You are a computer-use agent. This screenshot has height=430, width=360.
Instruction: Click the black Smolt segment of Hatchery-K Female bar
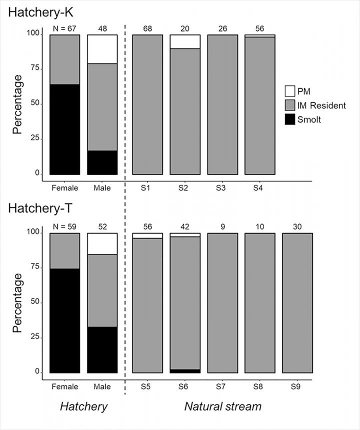[64, 129]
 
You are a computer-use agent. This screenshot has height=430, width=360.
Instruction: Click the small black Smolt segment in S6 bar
[185, 371]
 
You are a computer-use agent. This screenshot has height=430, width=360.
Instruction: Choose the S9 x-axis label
[297, 386]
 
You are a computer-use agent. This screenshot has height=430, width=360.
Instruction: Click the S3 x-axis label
[222, 188]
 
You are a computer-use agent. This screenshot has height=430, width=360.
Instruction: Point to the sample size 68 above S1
[147, 28]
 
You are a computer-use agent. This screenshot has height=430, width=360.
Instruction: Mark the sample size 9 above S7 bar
[222, 226]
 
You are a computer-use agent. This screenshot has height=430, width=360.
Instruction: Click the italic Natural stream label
[222, 406]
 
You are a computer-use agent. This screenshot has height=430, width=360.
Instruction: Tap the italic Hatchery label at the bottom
[83, 406]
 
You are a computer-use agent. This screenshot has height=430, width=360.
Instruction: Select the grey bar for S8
[259, 302]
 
